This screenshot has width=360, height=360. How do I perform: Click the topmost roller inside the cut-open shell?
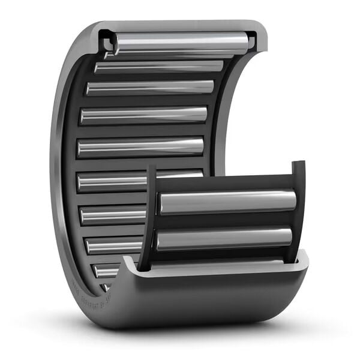[x=180, y=43]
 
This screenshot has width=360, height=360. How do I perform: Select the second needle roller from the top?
[x=158, y=67]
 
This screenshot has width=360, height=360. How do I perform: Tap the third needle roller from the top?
[x=150, y=88]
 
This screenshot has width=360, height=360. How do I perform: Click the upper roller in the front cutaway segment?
[x=227, y=202]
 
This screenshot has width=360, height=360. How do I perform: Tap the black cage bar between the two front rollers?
[x=225, y=221]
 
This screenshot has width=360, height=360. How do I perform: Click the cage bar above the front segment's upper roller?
[x=225, y=183]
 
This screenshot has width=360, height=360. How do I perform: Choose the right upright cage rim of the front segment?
[x=298, y=210]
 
